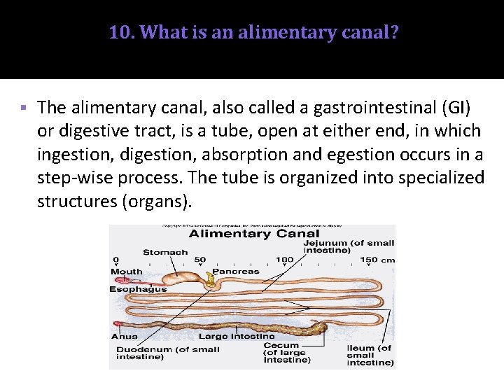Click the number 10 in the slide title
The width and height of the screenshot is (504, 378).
[x=118, y=32]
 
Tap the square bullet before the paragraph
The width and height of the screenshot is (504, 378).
[x=23, y=108]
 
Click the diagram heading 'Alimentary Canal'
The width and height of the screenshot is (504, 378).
[x=254, y=234]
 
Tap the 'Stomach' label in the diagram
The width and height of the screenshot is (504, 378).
[x=165, y=252]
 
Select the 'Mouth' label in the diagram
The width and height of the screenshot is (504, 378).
[x=126, y=272]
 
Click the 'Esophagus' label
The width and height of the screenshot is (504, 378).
[x=138, y=288]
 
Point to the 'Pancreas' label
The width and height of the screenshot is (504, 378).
[x=235, y=271]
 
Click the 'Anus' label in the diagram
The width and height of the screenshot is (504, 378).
[x=124, y=337]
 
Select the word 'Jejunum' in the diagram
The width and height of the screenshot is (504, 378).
[x=330, y=243]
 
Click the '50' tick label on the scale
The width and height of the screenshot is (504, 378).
[x=200, y=260]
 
